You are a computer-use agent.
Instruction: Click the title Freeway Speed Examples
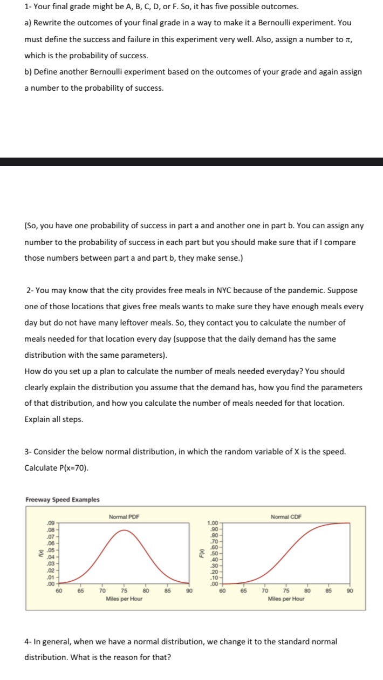point(63,499)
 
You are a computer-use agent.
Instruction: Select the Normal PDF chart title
point(124,517)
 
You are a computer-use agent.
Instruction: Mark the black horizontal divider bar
point(191,161)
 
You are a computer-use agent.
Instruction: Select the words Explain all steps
point(54,419)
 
